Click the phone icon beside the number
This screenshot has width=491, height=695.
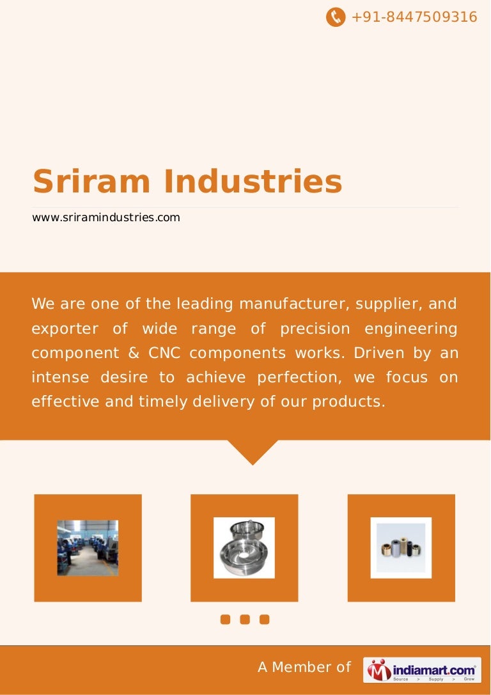pyautogui.click(x=336, y=17)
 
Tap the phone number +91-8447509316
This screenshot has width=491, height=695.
pyautogui.click(x=414, y=17)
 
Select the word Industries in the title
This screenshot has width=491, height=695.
pyautogui.click(x=253, y=182)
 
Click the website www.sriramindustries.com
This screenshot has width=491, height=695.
pyautogui.click(x=106, y=217)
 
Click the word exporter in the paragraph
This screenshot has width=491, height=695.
pyautogui.click(x=65, y=329)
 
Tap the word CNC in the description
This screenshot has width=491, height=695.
pyautogui.click(x=163, y=353)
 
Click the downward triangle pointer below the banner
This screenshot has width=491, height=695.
pyautogui.click(x=253, y=451)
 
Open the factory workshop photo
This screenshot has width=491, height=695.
pyautogui.click(x=88, y=548)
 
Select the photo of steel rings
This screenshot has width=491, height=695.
pyautogui.click(x=244, y=548)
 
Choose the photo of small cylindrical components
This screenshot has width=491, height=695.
pyautogui.click(x=401, y=548)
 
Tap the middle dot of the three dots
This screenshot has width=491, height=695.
pyautogui.click(x=245, y=619)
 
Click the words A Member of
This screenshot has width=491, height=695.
pyautogui.click(x=304, y=668)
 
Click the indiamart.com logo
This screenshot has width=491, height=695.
pyautogui.click(x=422, y=669)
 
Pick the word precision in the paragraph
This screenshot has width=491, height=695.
pyautogui.click(x=315, y=329)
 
